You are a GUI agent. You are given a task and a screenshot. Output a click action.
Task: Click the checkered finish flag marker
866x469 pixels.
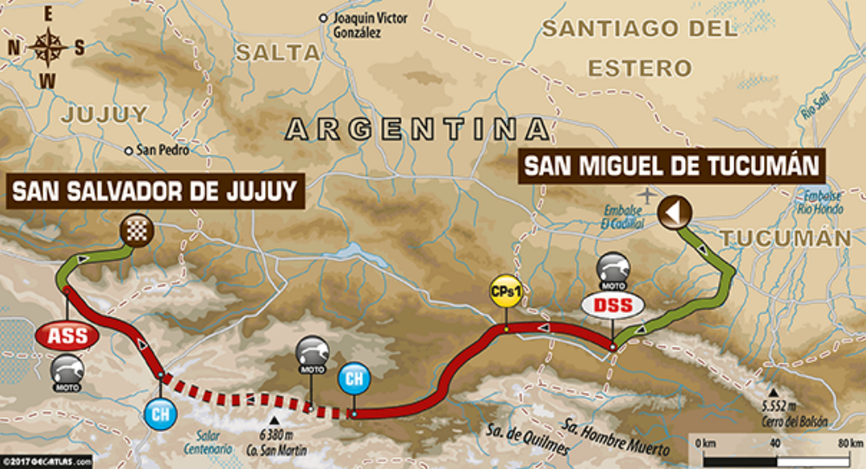click(137, 230)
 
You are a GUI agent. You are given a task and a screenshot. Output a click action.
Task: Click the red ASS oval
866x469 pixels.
click(67, 336)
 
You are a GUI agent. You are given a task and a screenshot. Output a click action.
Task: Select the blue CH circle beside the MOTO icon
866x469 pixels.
click(352, 379)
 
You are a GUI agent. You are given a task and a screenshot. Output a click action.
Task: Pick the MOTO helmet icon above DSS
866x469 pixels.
click(612, 270)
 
